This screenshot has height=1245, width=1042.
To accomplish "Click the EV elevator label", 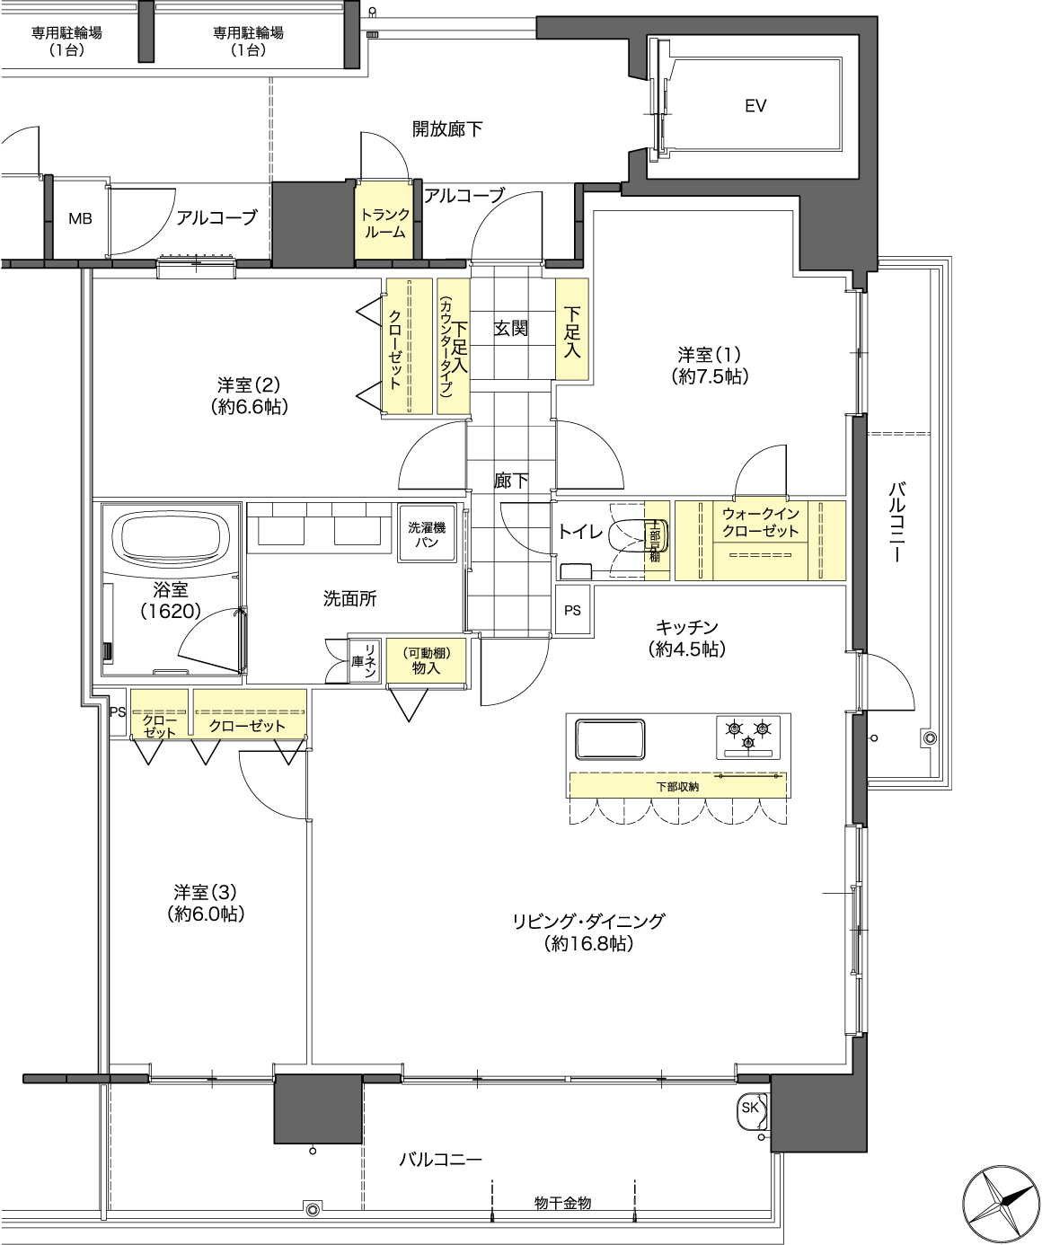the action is pyautogui.click(x=755, y=106).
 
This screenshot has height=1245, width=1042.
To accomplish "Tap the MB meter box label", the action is pyautogui.click(x=80, y=219).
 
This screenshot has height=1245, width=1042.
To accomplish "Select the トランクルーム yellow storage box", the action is pyautogui.click(x=384, y=223).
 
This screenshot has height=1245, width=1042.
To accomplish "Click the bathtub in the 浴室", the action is pyautogui.click(x=173, y=537).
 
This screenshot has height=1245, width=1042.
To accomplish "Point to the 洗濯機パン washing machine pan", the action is pyautogui.click(x=427, y=533).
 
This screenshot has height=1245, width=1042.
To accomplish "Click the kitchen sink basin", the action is pyautogui.click(x=610, y=739).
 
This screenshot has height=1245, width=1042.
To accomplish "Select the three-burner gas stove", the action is pyautogui.click(x=748, y=737).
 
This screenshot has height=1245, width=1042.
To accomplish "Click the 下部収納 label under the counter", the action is pyautogui.click(x=677, y=787).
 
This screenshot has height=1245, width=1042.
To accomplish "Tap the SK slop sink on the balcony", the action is pyautogui.click(x=754, y=1108).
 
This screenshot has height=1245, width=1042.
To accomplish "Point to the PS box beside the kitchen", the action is pyautogui.click(x=572, y=610).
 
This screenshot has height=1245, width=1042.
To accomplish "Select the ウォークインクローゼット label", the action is pyautogui.click(x=760, y=522).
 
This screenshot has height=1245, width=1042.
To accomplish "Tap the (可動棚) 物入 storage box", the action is pyautogui.click(x=426, y=660).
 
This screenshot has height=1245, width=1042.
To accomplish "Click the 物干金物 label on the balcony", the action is pyautogui.click(x=562, y=1203).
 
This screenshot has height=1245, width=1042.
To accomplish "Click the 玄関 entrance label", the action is pyautogui.click(x=510, y=328).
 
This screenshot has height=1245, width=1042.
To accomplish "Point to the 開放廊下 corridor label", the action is pyautogui.click(x=447, y=128).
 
